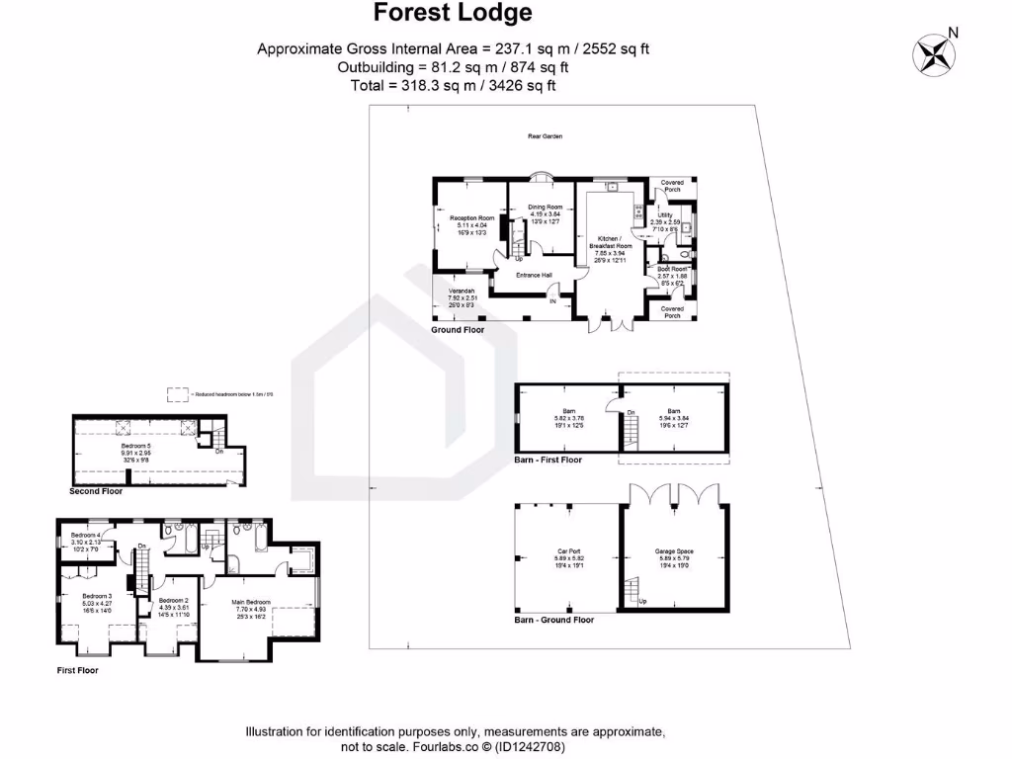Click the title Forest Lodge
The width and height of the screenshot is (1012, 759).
454,13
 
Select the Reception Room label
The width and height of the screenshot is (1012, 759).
471,218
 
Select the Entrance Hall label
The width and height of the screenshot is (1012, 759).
534,275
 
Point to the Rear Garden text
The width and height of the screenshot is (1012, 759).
545,136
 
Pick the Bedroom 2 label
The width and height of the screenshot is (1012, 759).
173,600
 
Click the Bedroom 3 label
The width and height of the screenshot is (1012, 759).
97,596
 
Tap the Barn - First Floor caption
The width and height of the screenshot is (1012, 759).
548,460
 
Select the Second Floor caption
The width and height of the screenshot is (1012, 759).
96,491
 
